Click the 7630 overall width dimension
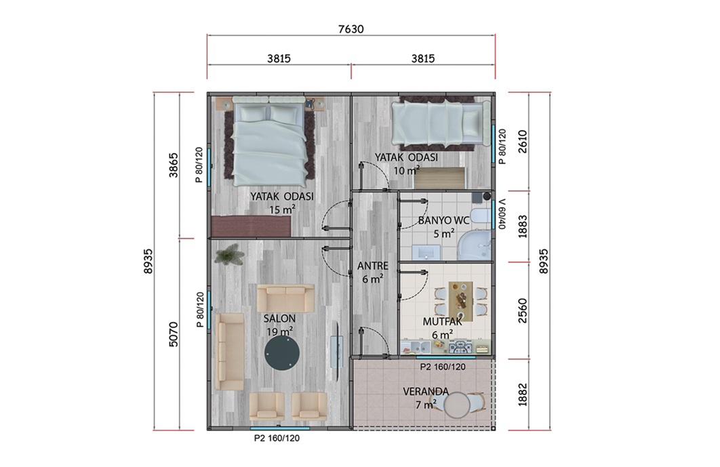351,29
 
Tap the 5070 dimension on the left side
173,334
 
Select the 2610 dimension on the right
522,142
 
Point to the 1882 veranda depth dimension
522,394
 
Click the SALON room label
279,318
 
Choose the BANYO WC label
443,220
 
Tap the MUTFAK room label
442,321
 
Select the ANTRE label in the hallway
372,266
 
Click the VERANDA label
426,392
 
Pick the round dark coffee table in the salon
282,353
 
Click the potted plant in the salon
229,254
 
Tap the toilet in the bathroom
480,217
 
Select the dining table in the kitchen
460,301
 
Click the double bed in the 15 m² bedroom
269,142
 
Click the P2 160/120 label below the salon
277,439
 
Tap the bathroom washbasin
426,252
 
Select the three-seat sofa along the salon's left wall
230,352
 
